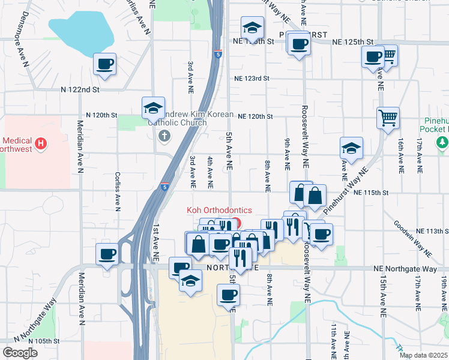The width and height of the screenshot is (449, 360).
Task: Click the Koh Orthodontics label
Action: point(219,210)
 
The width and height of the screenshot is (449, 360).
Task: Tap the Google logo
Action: point(20,353)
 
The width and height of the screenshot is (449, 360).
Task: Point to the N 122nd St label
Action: point(80,89)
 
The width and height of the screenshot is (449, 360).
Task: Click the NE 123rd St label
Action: point(252,79)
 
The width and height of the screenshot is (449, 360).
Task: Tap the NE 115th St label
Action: point(372,193)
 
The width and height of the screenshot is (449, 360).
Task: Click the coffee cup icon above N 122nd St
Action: point(104,64)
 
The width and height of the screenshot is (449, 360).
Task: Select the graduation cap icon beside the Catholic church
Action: point(153,109)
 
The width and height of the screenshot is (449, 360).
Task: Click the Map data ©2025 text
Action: point(423,355)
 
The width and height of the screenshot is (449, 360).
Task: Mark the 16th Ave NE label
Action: point(400,157)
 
